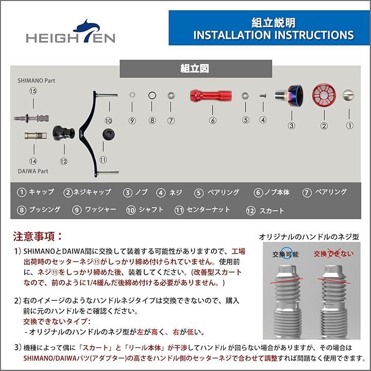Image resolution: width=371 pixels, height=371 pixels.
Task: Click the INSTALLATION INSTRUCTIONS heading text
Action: click(x=273, y=35)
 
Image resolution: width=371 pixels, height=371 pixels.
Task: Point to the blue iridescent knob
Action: click(x=292, y=95)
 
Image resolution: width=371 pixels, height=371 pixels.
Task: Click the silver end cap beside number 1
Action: click(x=350, y=95)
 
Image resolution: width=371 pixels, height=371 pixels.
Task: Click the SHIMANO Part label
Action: click(x=36, y=81)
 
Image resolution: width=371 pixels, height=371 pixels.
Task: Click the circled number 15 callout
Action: click(x=33, y=91)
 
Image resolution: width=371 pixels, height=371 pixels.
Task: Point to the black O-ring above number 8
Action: click(x=152, y=95)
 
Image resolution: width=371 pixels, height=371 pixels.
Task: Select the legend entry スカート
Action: click(x=268, y=210)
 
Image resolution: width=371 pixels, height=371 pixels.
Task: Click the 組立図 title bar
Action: click(x=195, y=68)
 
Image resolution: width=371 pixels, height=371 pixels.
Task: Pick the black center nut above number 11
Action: click(x=108, y=134)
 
